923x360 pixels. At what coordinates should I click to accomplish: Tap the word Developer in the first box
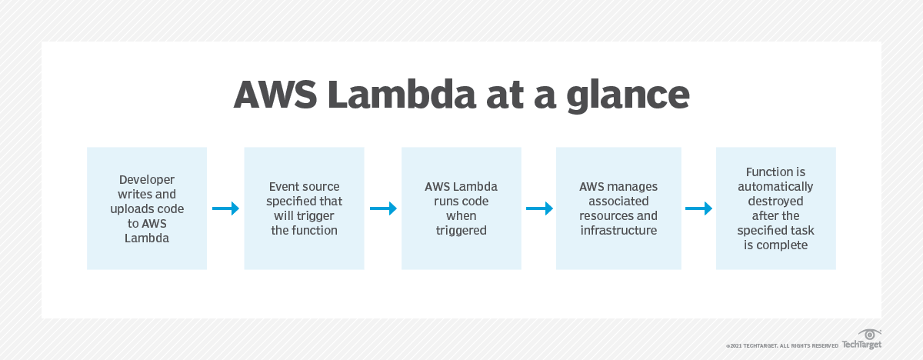click(147, 179)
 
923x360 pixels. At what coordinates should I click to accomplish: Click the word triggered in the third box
click(461, 230)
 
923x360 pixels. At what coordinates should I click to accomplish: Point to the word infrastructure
click(618, 230)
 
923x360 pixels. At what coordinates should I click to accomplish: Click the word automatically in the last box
click(775, 186)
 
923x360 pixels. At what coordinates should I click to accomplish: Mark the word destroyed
click(775, 201)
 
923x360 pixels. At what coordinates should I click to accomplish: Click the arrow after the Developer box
click(225, 208)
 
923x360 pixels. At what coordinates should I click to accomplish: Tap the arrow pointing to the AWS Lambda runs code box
click(383, 208)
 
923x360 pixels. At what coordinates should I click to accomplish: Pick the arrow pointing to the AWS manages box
click(540, 208)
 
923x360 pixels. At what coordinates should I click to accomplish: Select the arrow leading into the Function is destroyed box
click(698, 208)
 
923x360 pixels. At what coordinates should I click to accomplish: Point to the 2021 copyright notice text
click(781, 345)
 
